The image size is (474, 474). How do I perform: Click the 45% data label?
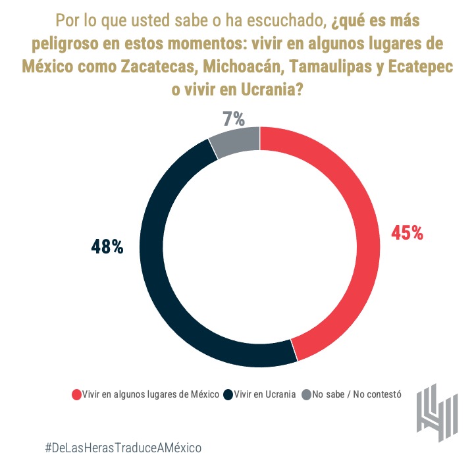[407, 233]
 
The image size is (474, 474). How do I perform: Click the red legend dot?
[76, 395]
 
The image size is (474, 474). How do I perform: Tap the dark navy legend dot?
[228, 395]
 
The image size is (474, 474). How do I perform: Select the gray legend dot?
[306, 395]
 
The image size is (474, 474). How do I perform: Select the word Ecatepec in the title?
[417, 68]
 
